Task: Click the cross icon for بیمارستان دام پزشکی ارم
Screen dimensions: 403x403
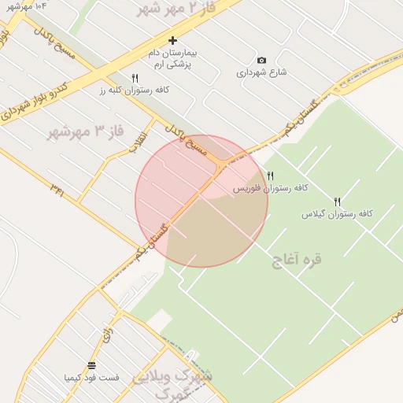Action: pyautogui.click(x=173, y=40)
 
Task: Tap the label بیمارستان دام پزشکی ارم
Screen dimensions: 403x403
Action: pyautogui.click(x=173, y=57)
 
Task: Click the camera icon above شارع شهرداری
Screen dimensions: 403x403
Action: pyautogui.click(x=262, y=60)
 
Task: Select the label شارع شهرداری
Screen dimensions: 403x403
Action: pyautogui.click(x=262, y=72)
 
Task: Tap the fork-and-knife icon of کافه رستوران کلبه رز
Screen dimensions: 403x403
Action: pyautogui.click(x=135, y=78)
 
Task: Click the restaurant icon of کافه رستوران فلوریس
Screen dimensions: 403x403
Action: pyautogui.click(x=271, y=176)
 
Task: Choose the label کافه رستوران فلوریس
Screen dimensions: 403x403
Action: pyautogui.click(x=271, y=189)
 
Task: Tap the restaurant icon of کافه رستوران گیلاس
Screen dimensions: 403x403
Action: pyautogui.click(x=338, y=201)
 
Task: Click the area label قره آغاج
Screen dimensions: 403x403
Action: pyautogui.click(x=297, y=259)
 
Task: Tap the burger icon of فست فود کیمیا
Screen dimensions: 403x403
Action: pyautogui.click(x=92, y=365)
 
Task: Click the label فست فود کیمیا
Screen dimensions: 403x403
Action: pyautogui.click(x=92, y=378)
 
